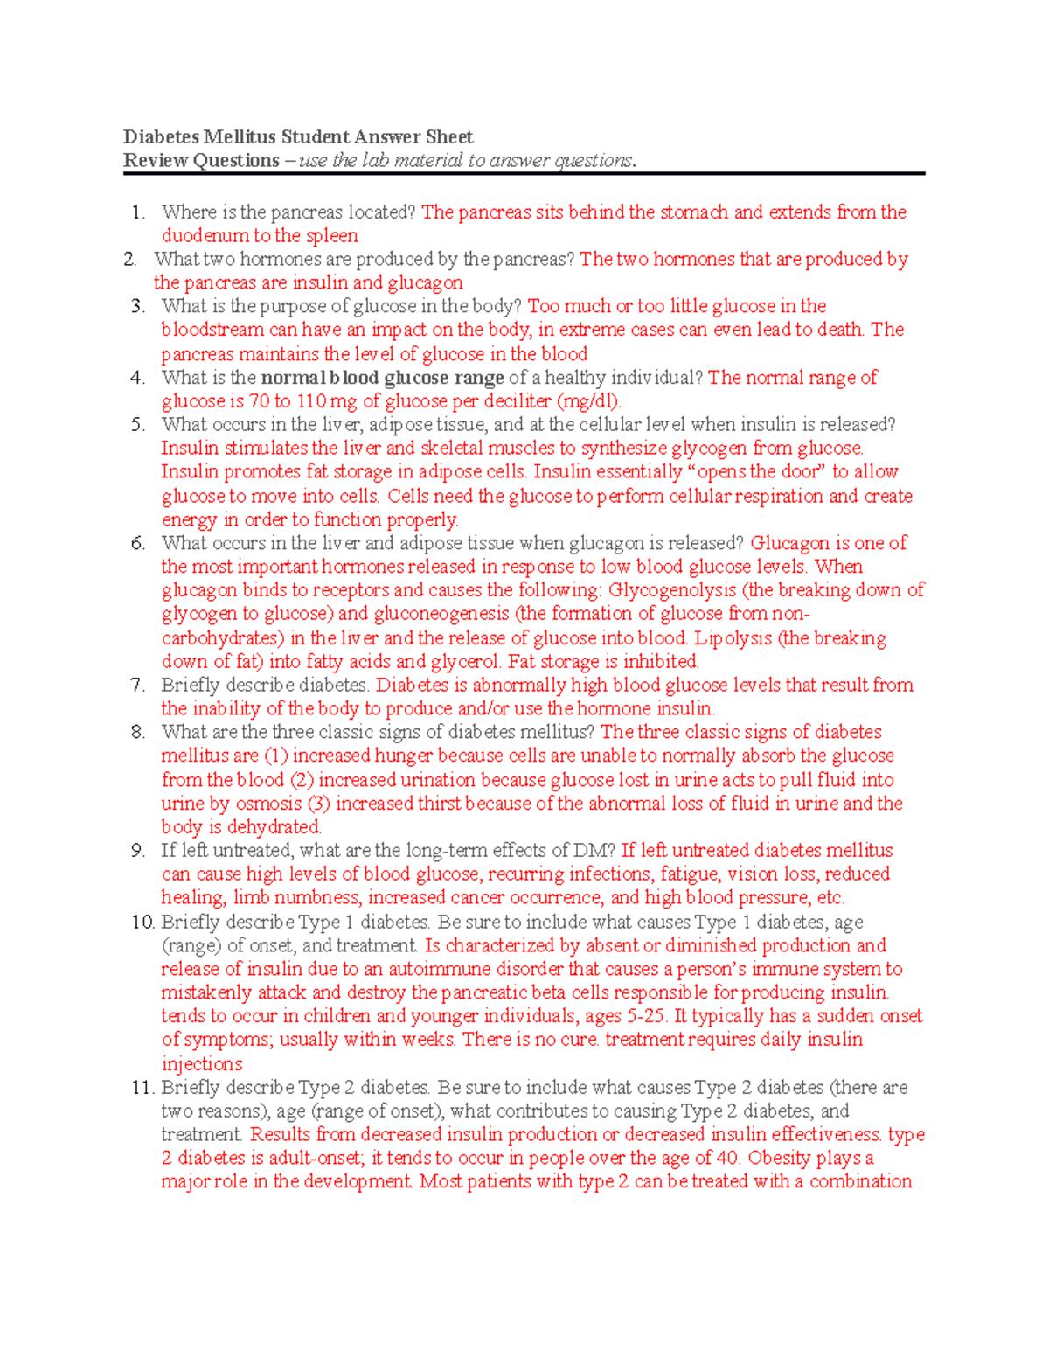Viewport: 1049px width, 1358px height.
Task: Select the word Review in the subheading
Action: [155, 161]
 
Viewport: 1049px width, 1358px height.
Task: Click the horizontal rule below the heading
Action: [524, 174]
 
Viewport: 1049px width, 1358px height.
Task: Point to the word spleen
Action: [331, 236]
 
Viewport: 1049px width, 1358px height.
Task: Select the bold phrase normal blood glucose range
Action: [383, 378]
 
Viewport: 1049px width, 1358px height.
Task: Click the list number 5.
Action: [138, 425]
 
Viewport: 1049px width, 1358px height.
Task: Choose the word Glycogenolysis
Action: [671, 590]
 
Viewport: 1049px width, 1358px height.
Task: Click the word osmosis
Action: [268, 804]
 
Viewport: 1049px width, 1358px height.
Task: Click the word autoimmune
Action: [440, 969]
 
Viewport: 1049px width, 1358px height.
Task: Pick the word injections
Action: [202, 1064]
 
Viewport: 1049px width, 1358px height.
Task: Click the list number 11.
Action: [142, 1088]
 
